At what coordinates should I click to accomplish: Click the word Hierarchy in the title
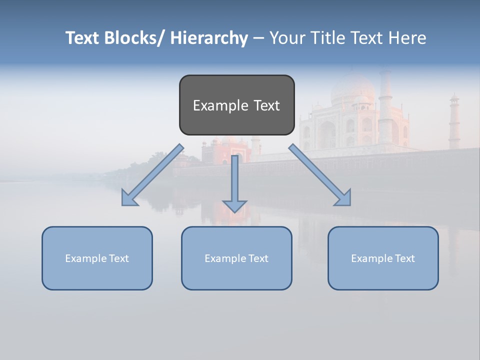[x=209, y=38]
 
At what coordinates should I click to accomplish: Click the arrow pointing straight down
[x=234, y=185]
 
